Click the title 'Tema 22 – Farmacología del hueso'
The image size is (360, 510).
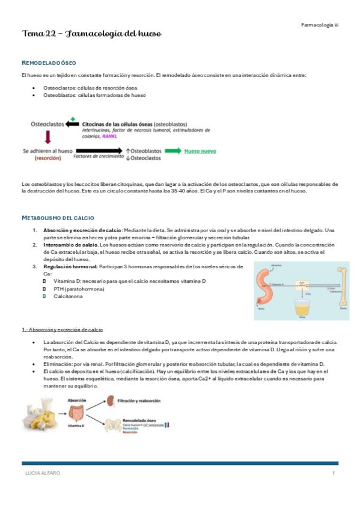pyautogui.click(x=91, y=33)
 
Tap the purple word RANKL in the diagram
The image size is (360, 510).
pyautogui.click(x=111, y=137)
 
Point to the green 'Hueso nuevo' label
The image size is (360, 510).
pyautogui.click(x=200, y=151)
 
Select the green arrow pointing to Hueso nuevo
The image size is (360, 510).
pyautogui.click(x=172, y=151)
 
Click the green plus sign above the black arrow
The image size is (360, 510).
pyautogui.click(x=73, y=118)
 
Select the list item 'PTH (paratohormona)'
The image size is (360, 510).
pyautogui.click(x=79, y=289)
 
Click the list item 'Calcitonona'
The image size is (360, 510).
pyautogui.click(x=71, y=297)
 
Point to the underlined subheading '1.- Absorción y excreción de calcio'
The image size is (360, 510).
pyautogui.click(x=63, y=330)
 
